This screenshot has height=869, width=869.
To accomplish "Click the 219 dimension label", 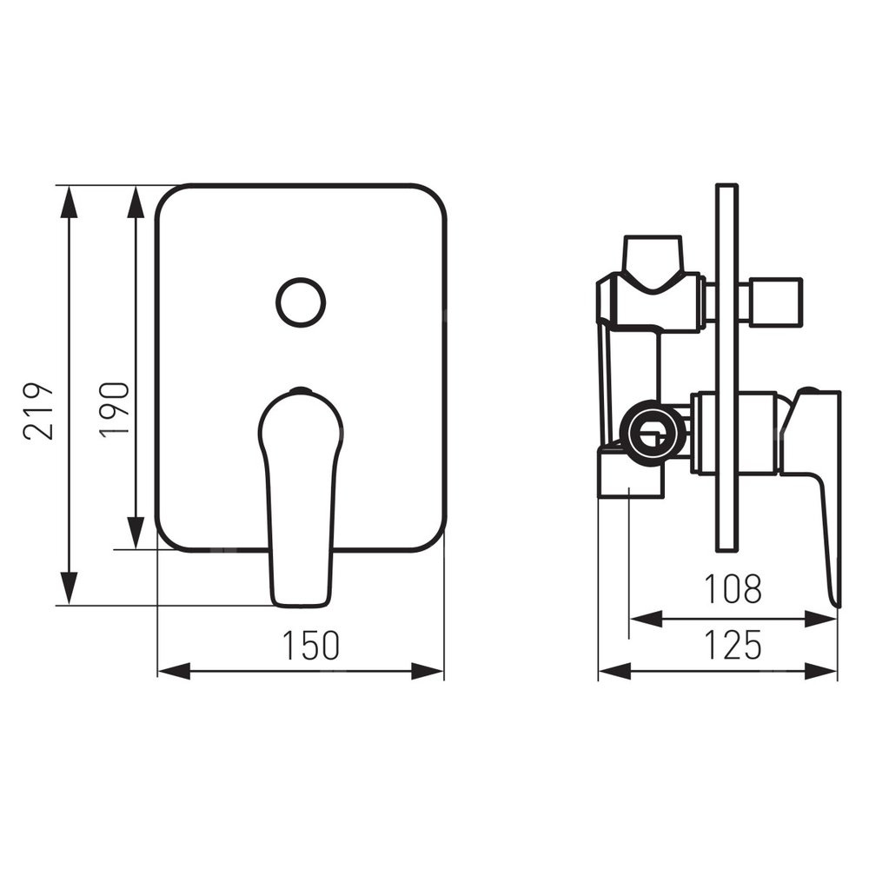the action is coord(39,411).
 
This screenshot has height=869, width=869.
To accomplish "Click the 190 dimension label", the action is coord(115,409).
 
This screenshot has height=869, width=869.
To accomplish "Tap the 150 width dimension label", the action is coord(310,645).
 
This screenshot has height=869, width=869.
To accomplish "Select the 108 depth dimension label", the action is coord(733,588).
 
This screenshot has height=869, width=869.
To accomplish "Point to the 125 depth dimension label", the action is coord(733,645).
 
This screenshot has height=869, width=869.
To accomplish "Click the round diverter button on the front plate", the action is coord(301,302).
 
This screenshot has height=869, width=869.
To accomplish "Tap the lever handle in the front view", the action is coord(301,497).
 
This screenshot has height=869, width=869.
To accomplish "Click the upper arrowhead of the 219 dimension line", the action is coord(69,202).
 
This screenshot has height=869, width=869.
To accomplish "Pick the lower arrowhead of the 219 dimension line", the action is coord(69,587).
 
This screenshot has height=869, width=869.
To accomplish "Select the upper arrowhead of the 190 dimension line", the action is coord(136,202).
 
